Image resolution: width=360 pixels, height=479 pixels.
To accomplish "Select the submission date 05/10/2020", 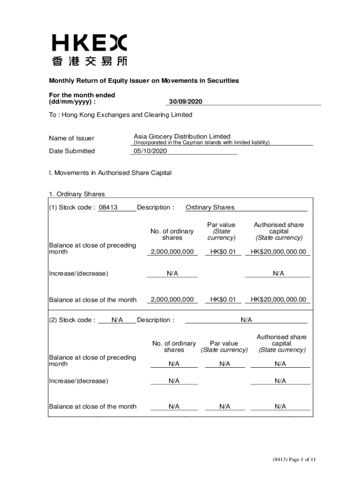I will [x=150, y=151].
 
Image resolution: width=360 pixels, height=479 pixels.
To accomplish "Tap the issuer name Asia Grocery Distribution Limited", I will [x=182, y=137].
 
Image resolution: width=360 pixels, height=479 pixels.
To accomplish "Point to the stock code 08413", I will [x=108, y=208].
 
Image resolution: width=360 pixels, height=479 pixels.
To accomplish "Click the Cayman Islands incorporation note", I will [x=202, y=143].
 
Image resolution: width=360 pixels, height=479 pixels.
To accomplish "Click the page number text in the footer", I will [x=295, y=460].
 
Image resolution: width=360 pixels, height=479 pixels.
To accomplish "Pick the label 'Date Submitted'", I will [x=72, y=151].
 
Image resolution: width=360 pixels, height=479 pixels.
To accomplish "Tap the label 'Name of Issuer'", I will [x=72, y=138].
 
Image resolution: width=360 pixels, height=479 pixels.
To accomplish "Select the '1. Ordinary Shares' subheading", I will [x=77, y=194].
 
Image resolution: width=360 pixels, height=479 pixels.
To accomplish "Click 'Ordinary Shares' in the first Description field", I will [x=210, y=208].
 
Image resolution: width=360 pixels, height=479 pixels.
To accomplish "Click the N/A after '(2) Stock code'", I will [x=117, y=320].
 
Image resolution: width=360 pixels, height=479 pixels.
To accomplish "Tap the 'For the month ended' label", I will [x=82, y=95].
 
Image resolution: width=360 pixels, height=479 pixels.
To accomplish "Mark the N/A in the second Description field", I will [x=246, y=320].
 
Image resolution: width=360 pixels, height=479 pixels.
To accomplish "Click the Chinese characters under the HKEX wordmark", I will [x=89, y=61].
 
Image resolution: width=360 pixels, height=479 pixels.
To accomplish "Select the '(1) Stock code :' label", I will [x=72, y=208].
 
